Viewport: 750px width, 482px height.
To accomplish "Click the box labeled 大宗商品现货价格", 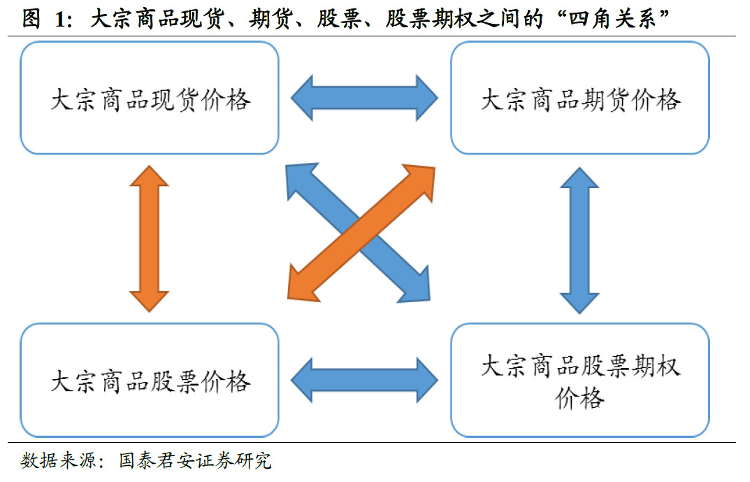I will coord(150,98).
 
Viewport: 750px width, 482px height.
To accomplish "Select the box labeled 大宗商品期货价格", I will coord(579,98).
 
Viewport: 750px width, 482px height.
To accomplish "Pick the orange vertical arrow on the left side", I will coord(150,238).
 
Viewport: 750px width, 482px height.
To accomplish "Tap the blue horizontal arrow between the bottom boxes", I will coord(364,380).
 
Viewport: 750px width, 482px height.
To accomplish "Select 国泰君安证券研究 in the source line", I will coord(195,462).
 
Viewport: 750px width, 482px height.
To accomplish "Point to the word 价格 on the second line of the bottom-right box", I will coord(579,398).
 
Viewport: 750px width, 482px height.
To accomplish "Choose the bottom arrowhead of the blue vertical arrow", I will coord(579,301).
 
